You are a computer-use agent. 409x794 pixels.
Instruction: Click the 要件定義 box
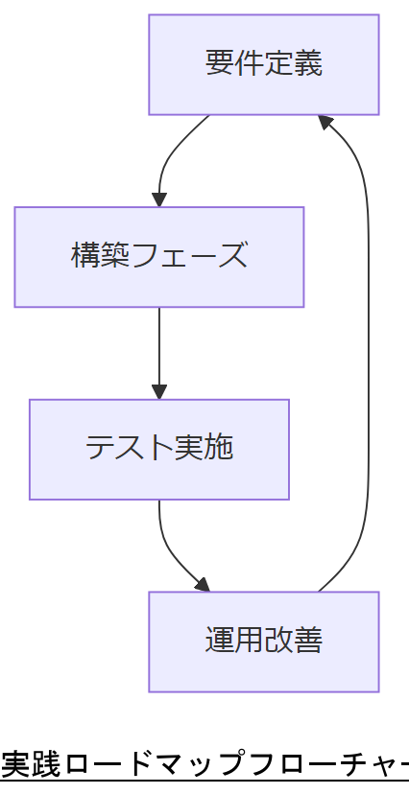(x=263, y=64)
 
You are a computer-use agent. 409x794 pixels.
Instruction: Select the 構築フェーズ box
(x=158, y=257)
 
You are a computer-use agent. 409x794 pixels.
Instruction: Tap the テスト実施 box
(x=158, y=449)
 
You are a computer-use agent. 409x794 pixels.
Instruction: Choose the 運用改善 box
(x=263, y=642)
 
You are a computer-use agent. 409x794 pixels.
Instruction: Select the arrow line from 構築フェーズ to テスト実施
(x=159, y=350)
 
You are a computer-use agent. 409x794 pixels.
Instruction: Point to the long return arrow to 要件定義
(x=368, y=364)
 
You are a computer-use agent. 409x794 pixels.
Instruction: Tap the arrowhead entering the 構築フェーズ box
(x=159, y=199)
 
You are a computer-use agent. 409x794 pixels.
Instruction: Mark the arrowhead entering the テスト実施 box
(x=159, y=391)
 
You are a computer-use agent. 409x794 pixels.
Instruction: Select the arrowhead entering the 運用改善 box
(x=201, y=584)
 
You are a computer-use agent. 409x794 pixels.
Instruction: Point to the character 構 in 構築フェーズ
(x=86, y=256)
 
